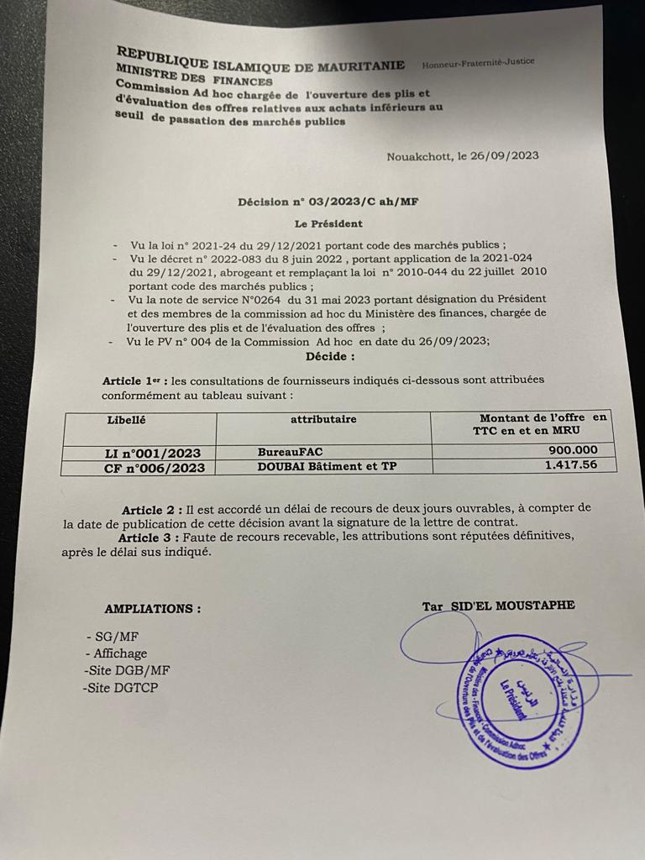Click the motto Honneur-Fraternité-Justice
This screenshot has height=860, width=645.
click(x=478, y=63)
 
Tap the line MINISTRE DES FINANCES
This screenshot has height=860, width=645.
click(x=194, y=79)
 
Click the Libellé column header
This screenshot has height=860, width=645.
click(x=127, y=419)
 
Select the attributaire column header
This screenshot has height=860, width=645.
click(x=323, y=419)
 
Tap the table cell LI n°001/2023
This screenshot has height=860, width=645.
click(x=139, y=453)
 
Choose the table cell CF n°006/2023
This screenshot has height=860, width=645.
click(x=139, y=469)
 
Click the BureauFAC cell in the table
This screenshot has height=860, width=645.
click(x=290, y=452)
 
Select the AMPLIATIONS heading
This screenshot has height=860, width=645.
click(x=152, y=609)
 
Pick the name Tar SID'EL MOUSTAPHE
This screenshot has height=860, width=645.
click(x=499, y=606)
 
